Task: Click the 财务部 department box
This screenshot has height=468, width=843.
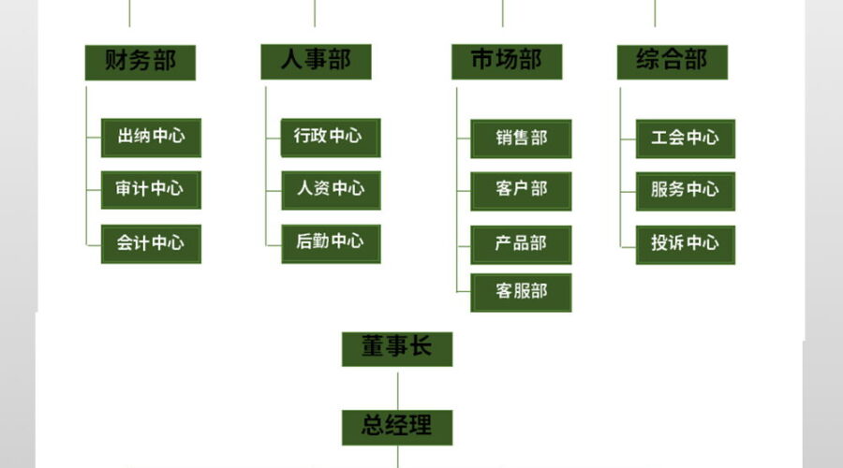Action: [140, 63]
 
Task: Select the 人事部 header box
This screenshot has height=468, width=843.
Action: [317, 62]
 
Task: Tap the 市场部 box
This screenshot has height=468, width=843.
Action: [507, 62]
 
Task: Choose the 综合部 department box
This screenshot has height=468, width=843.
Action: [673, 63]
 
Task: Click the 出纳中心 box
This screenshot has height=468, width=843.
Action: [151, 139]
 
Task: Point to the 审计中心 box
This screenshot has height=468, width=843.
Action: [151, 190]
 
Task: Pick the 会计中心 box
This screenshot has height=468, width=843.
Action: [151, 244]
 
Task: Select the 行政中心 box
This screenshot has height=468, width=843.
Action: [332, 139]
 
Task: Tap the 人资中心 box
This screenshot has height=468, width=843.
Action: [332, 190]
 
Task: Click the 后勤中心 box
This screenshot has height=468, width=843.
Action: [332, 244]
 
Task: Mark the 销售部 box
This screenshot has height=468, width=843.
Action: [521, 139]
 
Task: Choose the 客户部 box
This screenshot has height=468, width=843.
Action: [521, 191]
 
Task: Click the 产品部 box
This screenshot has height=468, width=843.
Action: [521, 245]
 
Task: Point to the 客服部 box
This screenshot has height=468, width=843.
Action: [521, 293]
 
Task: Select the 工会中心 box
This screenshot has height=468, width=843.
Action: [686, 139]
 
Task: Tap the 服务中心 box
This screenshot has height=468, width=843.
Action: [686, 191]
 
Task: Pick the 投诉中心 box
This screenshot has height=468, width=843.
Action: [686, 245]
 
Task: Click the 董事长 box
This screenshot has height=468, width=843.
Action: [397, 349]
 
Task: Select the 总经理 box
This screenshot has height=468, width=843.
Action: [397, 428]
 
